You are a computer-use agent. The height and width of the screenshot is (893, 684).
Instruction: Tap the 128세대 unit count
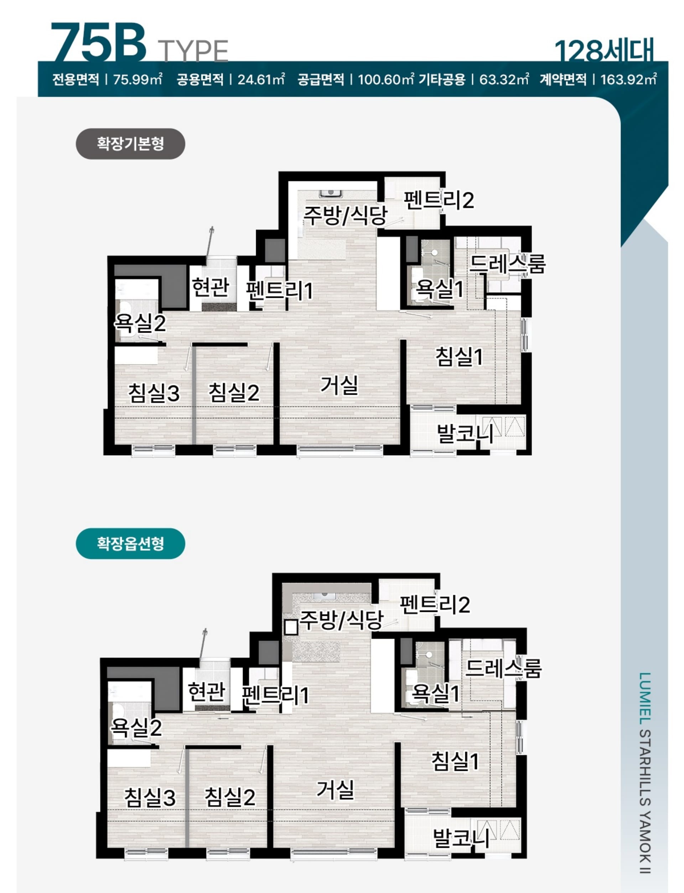(604, 51)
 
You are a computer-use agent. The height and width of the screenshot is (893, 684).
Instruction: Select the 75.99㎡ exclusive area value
(138, 79)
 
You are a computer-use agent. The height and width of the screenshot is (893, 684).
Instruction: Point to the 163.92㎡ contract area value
(628, 79)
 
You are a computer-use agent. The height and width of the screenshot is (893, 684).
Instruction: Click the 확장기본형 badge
(130, 144)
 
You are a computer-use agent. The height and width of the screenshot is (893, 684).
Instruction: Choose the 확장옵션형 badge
(130, 543)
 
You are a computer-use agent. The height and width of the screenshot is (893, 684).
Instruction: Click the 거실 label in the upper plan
(339, 385)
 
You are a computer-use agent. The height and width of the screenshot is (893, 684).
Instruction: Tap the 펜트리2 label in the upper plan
(439, 200)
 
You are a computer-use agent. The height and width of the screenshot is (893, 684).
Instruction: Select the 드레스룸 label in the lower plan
(503, 668)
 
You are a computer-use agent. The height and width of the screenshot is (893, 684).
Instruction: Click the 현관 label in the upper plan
(211, 287)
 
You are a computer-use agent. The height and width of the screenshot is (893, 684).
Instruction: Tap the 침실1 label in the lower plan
(455, 761)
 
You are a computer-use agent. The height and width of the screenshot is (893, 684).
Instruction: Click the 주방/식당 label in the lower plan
(341, 620)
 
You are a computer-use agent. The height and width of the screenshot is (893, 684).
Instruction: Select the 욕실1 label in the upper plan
(439, 289)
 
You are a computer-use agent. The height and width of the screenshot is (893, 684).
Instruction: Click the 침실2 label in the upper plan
(234, 393)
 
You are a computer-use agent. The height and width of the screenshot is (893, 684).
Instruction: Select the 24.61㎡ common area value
(261, 79)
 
